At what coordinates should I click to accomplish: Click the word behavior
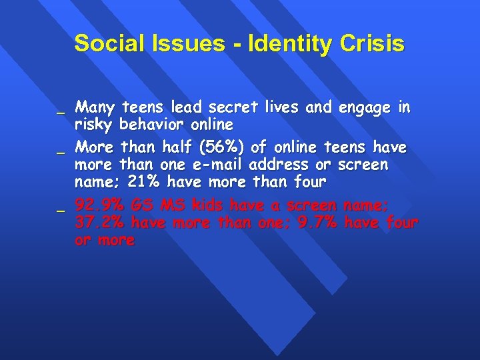coord(151,125)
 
